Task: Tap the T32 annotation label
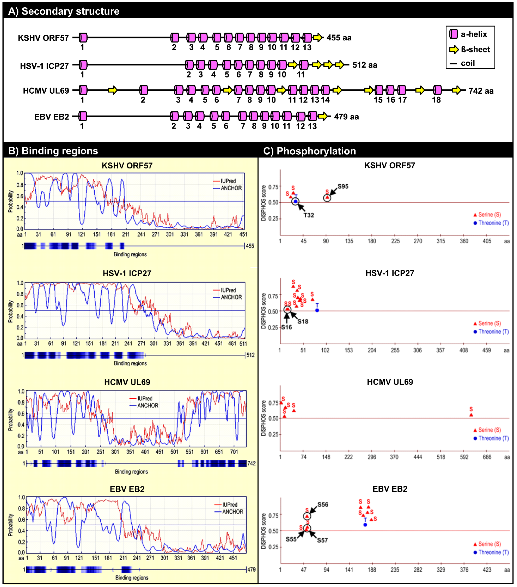click(309, 215)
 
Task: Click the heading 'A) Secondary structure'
click(64, 11)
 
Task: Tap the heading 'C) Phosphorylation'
click(310, 151)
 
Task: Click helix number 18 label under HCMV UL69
click(436, 100)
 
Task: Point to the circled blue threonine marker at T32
click(295, 202)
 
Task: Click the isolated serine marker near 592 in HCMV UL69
click(471, 415)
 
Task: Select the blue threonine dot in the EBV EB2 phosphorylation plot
click(365, 525)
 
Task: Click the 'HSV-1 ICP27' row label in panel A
click(45, 66)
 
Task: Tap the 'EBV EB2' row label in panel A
click(52, 117)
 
